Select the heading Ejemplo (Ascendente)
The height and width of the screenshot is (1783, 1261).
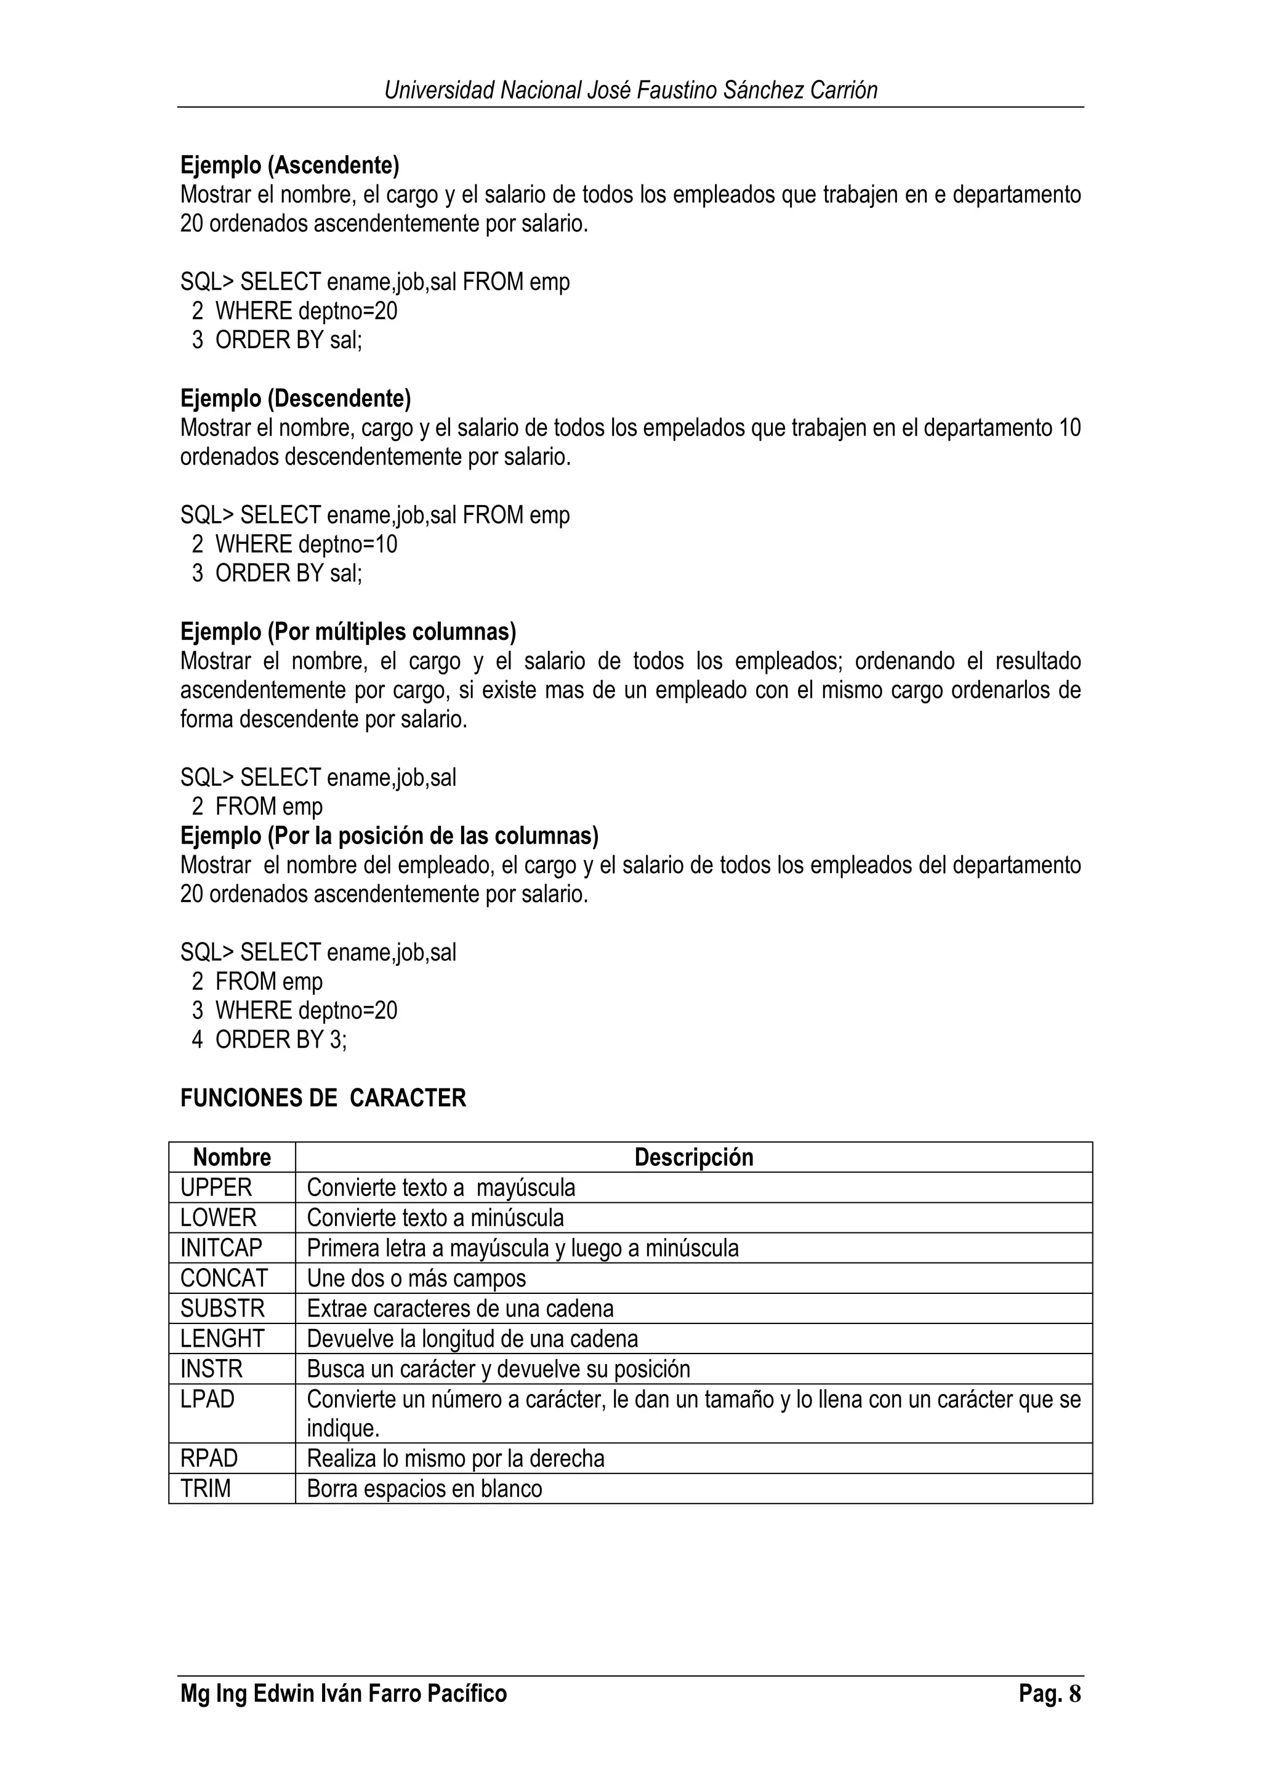(x=290, y=165)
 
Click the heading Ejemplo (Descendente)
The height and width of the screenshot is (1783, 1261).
(x=296, y=399)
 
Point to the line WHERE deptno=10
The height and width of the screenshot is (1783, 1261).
(x=305, y=544)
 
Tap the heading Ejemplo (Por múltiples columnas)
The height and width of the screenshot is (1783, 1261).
(x=348, y=631)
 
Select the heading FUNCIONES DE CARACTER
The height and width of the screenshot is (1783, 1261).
(x=323, y=1098)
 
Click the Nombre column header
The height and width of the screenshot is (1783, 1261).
(x=232, y=1157)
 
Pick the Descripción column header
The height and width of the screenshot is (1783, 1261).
(x=693, y=1157)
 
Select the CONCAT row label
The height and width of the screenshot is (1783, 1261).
(x=224, y=1278)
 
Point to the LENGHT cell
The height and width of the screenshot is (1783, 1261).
(x=222, y=1339)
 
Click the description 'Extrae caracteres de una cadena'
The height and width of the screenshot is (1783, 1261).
(x=460, y=1309)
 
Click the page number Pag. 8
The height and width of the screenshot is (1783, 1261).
(x=1050, y=1694)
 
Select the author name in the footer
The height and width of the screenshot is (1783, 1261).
(x=344, y=1694)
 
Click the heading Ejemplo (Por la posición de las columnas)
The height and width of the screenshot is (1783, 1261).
(x=389, y=836)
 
